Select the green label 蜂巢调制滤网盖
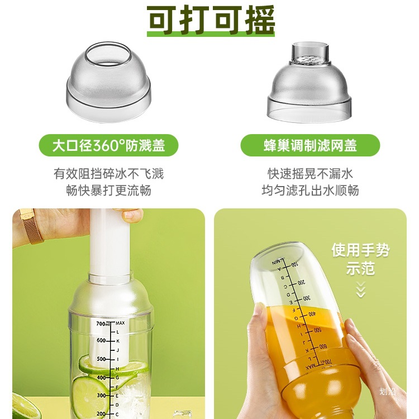[x=310, y=146]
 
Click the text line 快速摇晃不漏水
[x=310, y=174]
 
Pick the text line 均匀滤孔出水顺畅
[x=310, y=190]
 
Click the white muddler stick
[x=109, y=246]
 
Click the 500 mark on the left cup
[x=102, y=359]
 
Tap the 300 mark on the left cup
[x=102, y=395]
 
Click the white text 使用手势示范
[x=360, y=258]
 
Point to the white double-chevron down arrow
[x=360, y=289]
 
